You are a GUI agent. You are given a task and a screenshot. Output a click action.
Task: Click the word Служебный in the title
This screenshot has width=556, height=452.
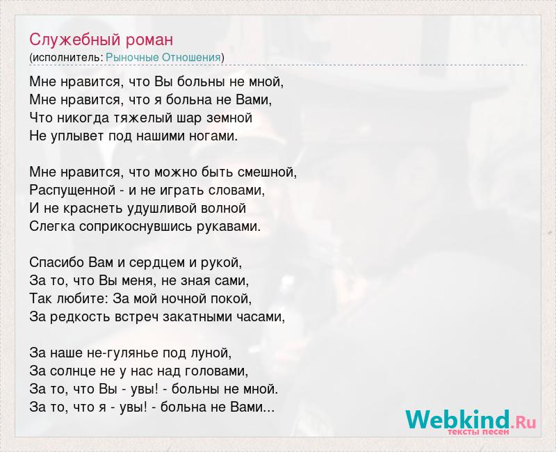tap(75, 40)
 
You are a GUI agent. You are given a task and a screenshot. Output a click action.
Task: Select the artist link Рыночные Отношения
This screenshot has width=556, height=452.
tap(163, 58)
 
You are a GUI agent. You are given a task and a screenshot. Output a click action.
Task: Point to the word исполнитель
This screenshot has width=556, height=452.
tap(67, 58)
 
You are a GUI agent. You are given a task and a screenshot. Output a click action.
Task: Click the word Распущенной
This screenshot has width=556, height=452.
tap(72, 191)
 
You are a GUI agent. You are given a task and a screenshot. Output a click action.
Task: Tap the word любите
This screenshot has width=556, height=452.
tap(81, 299)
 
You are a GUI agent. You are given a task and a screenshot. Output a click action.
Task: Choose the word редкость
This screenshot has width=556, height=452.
tap(79, 317)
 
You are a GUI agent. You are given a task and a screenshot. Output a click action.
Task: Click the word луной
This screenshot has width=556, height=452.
tap(216, 353)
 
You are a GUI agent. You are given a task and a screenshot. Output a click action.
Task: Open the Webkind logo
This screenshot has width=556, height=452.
tap(471, 421)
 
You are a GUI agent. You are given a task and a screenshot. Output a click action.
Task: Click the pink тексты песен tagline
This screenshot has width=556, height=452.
tap(478, 432)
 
